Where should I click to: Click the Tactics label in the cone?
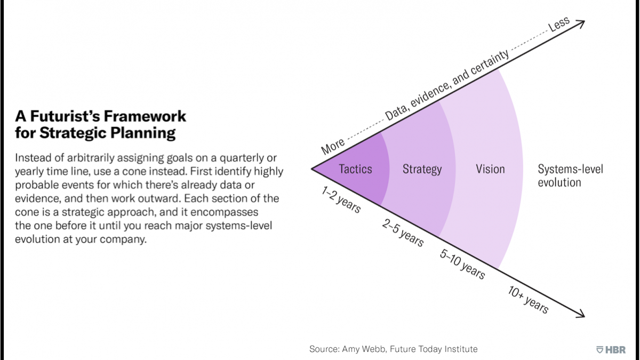pyautogui.click(x=356, y=169)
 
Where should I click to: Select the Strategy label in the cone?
pyautogui.click(x=422, y=170)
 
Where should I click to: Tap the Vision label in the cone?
pyautogui.click(x=490, y=169)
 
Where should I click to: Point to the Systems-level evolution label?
pyautogui.click(x=570, y=176)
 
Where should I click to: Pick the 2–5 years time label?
pyautogui.click(x=403, y=232)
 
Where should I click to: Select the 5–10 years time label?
pyautogui.click(x=462, y=263)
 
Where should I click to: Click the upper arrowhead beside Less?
pyautogui.click(x=581, y=22)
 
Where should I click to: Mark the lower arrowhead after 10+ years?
pyautogui.click(x=581, y=315)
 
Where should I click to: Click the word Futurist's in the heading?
pyautogui.click(x=81, y=116)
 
